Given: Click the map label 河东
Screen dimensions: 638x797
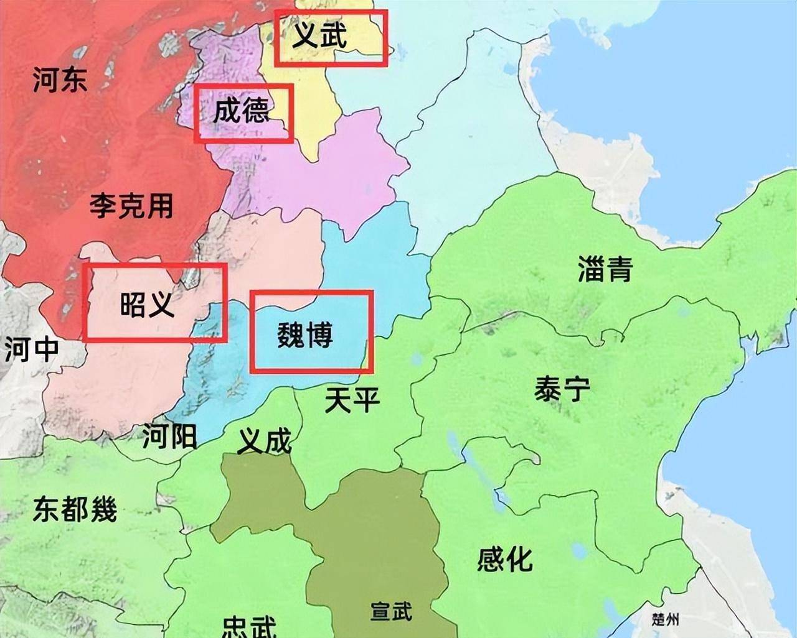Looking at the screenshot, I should (x=60, y=80).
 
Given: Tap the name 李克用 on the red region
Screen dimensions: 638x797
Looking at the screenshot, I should (x=131, y=205).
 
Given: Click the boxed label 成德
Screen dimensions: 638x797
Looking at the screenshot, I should (x=242, y=111).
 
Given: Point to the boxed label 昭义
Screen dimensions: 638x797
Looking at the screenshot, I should (x=148, y=303).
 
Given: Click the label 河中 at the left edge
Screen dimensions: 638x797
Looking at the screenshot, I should (x=31, y=349).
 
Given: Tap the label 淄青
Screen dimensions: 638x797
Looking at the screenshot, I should (x=605, y=269).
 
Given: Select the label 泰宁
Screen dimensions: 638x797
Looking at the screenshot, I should (x=562, y=391).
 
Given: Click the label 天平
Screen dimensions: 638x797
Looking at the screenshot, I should (x=352, y=399).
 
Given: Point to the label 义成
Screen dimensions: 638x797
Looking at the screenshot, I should (x=265, y=442).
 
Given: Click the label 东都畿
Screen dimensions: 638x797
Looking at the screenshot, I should (x=75, y=510).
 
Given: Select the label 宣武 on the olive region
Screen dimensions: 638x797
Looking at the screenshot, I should (x=391, y=611).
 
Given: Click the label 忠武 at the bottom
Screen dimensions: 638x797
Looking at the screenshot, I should (x=249, y=627).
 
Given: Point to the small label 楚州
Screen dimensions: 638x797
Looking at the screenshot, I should (x=666, y=619).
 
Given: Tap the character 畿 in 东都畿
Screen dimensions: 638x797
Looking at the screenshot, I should (x=103, y=510).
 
